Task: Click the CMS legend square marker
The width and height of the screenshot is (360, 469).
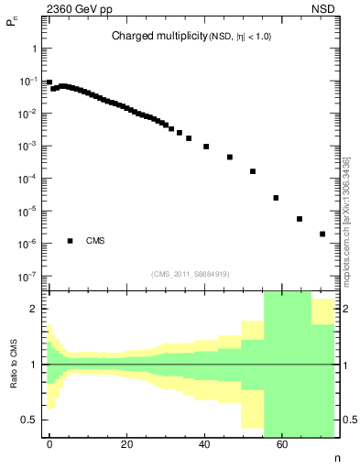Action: (70, 241)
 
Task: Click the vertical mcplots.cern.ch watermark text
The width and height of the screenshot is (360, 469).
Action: (345, 220)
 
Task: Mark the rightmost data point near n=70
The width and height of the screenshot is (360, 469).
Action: (322, 234)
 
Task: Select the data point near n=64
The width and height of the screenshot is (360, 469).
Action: (300, 219)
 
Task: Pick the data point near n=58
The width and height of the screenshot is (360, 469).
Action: (276, 197)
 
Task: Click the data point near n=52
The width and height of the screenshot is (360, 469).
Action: (253, 171)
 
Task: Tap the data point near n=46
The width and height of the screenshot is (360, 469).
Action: (230, 157)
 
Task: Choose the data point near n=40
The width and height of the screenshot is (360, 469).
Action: (206, 147)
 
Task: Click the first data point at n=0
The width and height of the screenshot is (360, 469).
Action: (49, 82)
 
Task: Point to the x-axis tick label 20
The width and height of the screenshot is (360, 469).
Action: (127, 444)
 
